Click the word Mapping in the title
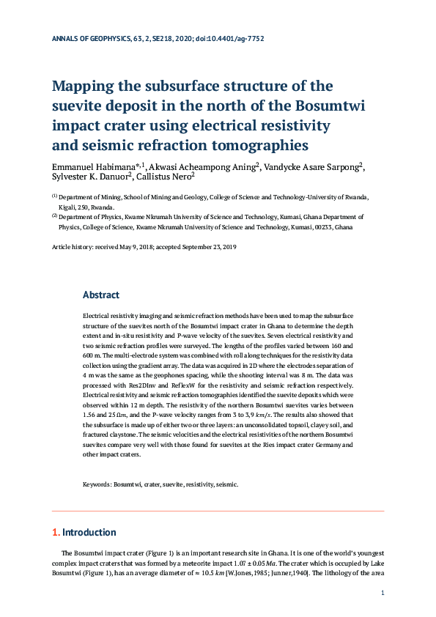point(87,86)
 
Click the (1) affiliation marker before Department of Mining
point(54,196)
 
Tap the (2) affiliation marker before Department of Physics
point(54,217)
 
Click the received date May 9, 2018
point(141,248)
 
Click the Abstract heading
point(101,295)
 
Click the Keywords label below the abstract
point(96,484)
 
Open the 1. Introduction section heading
point(84,532)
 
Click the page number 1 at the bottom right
point(382,592)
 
